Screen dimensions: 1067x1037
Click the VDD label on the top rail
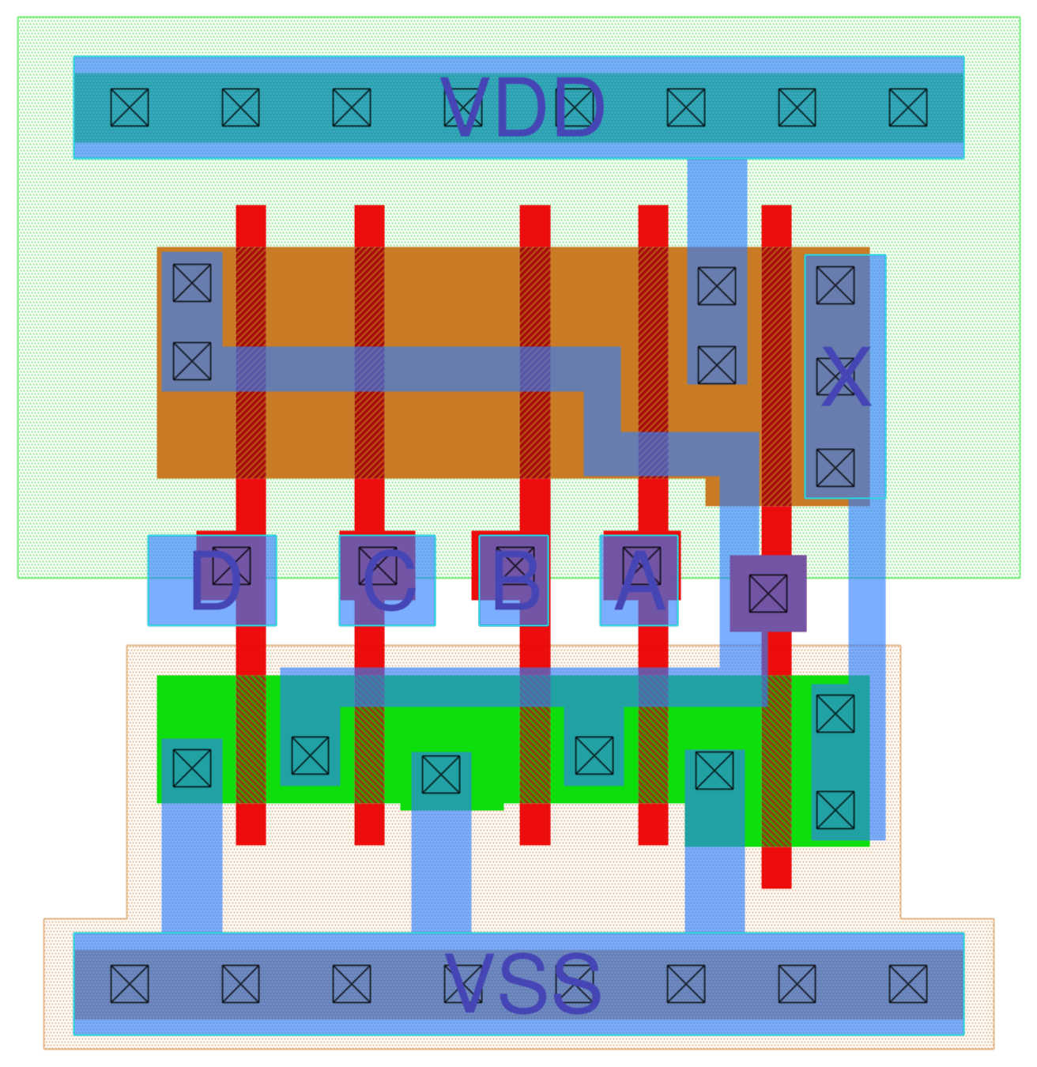[522, 108]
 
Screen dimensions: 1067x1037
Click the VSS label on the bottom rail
[522, 984]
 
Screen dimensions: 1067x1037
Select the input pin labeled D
[213, 581]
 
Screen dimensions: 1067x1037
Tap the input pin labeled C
[387, 581]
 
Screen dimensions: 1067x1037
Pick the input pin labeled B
[514, 581]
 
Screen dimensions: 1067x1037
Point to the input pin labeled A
[639, 581]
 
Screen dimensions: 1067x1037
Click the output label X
[845, 378]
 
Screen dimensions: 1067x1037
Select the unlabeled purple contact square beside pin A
[768, 594]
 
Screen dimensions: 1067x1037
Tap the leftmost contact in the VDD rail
[130, 107]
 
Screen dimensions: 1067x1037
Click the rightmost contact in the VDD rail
[908, 107]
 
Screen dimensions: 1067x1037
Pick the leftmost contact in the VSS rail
[130, 984]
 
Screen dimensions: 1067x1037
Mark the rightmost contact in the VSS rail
[908, 984]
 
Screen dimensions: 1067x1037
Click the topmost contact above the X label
[835, 285]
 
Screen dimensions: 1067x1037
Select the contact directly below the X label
[835, 468]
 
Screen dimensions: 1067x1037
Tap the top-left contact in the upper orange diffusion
[192, 283]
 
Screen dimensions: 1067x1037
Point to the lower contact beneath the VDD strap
[717, 365]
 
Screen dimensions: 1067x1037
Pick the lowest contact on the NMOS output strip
[835, 810]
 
